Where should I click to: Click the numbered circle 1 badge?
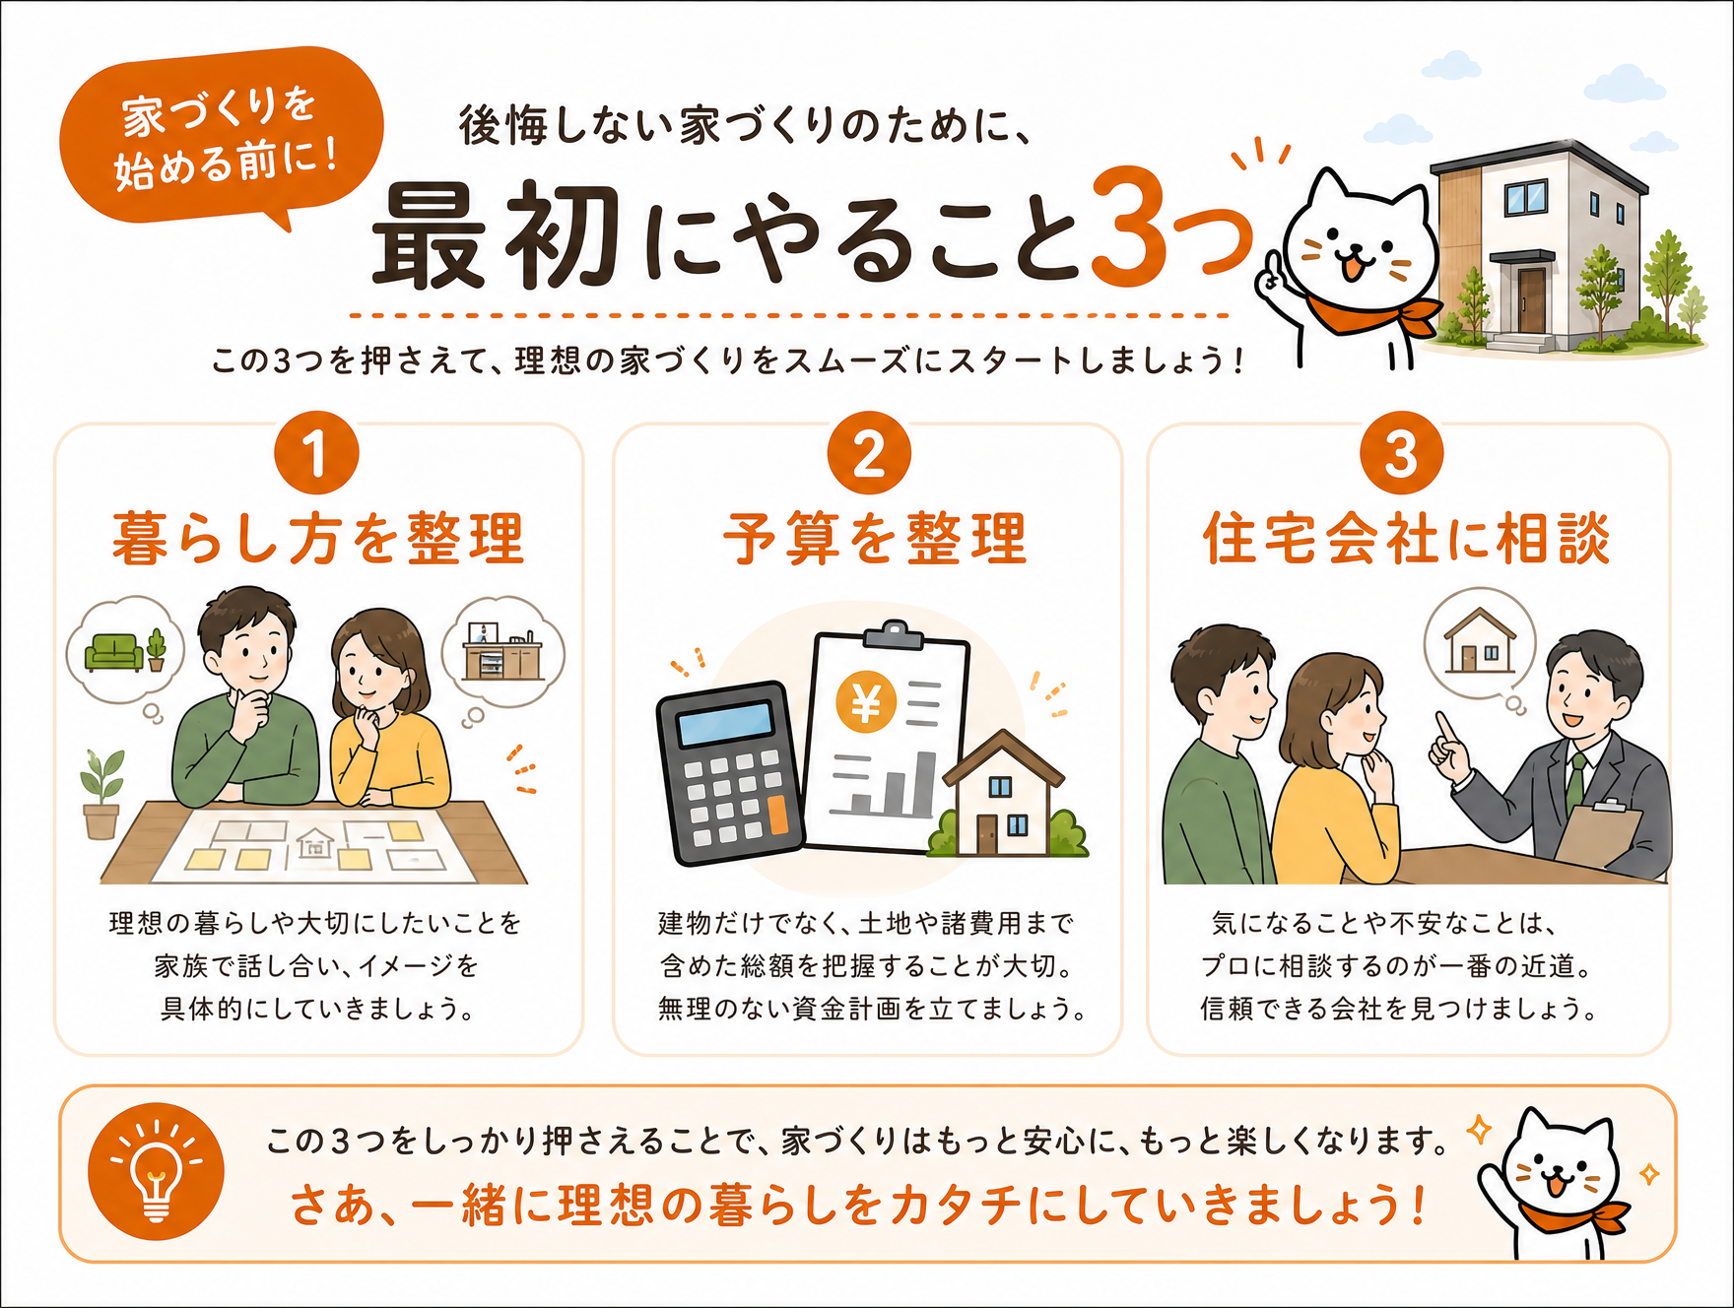tap(316, 453)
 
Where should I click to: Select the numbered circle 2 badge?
tap(869, 453)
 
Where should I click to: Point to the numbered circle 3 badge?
tap(1401, 453)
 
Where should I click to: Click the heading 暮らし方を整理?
tap(317, 539)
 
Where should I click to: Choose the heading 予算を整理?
tap(875, 539)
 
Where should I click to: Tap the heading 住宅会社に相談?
tap(1406, 539)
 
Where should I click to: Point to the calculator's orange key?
tap(777, 815)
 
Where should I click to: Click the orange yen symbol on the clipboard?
tap(866, 702)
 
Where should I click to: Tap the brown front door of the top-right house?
tap(1531, 300)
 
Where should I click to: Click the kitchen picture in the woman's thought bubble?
tap(503, 651)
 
